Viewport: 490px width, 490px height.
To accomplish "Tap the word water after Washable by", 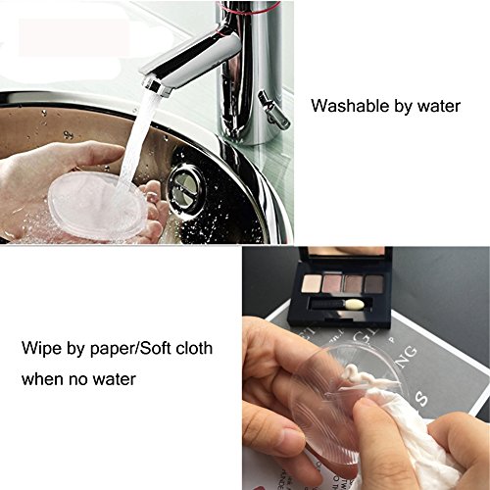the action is (438, 106).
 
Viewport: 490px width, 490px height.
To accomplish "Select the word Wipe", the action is (42, 349).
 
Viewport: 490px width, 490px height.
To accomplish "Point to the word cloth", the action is (194, 348).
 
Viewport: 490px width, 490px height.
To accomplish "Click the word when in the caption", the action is (43, 379).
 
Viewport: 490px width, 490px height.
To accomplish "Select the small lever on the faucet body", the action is (273, 109).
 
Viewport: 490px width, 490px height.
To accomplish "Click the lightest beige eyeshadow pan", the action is (311, 284).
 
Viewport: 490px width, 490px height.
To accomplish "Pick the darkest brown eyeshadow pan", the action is (374, 284).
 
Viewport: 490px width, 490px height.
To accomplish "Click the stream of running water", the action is (137, 137).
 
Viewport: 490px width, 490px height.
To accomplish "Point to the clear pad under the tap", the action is (97, 206).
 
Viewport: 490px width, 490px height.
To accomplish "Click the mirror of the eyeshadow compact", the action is (346, 250).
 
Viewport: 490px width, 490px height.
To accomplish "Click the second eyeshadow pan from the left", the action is (332, 284).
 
